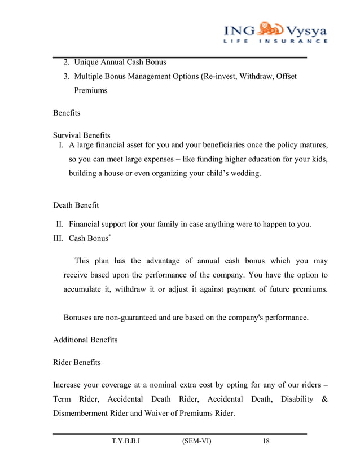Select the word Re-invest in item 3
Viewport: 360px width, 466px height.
(223, 76)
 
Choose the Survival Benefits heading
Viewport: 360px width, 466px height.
(81, 135)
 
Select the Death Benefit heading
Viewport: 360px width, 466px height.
(76, 205)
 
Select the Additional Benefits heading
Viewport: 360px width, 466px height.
(85, 340)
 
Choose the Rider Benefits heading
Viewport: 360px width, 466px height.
(77, 363)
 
